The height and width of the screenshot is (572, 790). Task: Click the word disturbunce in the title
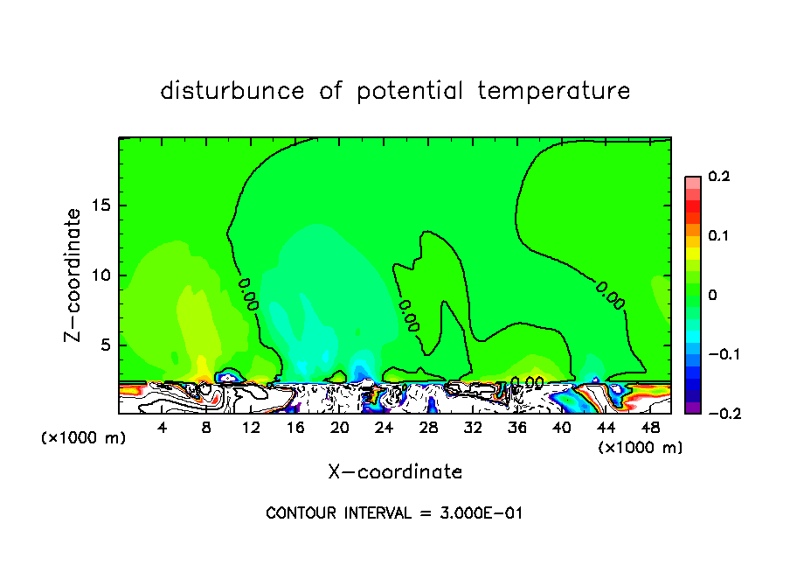click(x=232, y=91)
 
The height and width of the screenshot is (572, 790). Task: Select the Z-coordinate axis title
click(x=75, y=275)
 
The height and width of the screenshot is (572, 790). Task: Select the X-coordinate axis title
click(x=395, y=472)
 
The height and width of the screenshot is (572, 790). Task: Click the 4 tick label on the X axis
click(x=162, y=427)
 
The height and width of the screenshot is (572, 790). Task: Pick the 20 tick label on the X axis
click(x=339, y=427)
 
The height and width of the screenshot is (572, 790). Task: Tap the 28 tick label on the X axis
click(x=428, y=427)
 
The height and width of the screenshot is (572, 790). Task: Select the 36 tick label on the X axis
click(x=517, y=427)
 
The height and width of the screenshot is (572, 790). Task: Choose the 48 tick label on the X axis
click(x=649, y=427)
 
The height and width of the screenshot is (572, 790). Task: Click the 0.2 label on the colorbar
click(x=718, y=177)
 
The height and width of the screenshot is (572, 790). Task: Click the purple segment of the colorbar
click(x=692, y=408)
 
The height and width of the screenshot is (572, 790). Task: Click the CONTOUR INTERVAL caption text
click(x=337, y=513)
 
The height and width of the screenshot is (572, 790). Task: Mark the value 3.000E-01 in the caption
click(x=482, y=513)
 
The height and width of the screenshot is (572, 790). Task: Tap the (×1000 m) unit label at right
click(x=640, y=447)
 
